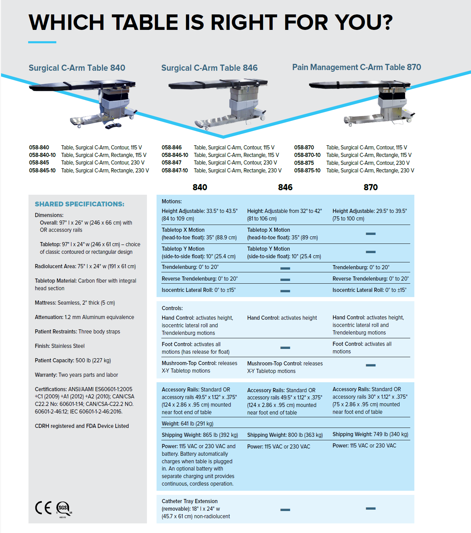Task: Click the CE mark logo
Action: click(x=43, y=508)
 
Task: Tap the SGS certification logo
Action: click(x=64, y=508)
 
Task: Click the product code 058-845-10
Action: click(x=42, y=170)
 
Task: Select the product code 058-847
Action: click(x=172, y=162)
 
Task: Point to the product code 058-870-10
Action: click(x=307, y=155)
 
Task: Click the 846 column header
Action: click(x=285, y=187)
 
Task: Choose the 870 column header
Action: click(x=370, y=187)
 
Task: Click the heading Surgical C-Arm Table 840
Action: click(x=77, y=68)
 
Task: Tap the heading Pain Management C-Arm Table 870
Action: click(x=356, y=67)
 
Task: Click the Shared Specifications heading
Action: click(x=80, y=204)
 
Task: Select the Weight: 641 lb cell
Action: click(x=187, y=423)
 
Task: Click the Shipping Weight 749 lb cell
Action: click(x=370, y=434)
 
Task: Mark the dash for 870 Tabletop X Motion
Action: click(x=370, y=234)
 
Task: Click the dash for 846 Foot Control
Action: click(x=285, y=348)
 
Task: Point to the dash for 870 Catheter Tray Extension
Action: click(x=370, y=508)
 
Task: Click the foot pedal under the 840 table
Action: click(x=113, y=126)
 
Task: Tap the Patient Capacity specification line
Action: click(x=73, y=360)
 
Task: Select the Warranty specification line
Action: click(x=76, y=375)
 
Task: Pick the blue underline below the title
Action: click(x=42, y=42)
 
